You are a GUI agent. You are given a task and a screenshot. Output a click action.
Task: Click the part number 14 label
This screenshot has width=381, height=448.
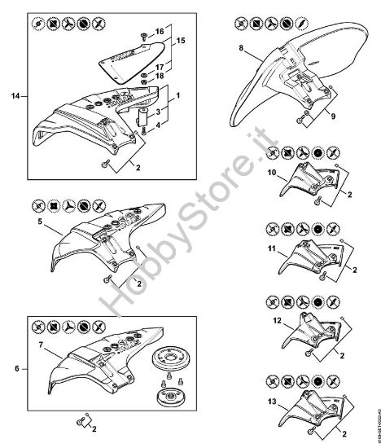coord(15,97)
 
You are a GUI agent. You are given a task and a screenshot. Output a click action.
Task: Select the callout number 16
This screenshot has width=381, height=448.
coord(160,31)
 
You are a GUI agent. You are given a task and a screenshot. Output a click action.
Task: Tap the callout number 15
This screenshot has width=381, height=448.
coord(180,40)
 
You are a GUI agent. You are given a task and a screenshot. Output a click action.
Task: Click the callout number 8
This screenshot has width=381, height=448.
coord(242,50)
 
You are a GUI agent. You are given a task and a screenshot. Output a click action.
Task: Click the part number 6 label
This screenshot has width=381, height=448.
coord(15,367)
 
